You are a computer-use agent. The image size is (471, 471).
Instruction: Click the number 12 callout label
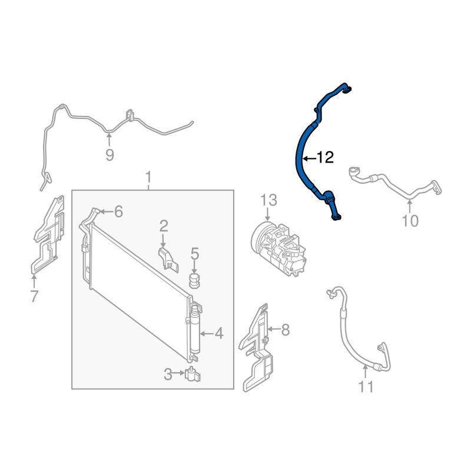tap(326, 157)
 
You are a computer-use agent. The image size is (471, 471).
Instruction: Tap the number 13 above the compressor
tap(268, 200)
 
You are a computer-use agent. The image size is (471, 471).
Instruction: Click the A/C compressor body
tap(278, 248)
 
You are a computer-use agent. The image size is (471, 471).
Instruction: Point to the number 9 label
tap(110, 155)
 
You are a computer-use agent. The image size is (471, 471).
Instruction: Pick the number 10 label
tap(410, 221)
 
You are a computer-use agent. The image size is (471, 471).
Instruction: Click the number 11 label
tap(366, 387)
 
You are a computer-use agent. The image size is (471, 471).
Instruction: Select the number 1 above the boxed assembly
tap(148, 178)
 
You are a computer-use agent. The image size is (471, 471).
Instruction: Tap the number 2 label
tap(164, 226)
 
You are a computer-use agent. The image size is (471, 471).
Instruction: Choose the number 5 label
tap(195, 254)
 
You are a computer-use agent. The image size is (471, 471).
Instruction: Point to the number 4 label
tap(218, 333)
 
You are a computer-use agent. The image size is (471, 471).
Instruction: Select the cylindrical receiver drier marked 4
tap(195, 330)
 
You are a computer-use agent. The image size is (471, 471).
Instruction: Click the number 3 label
tap(168, 374)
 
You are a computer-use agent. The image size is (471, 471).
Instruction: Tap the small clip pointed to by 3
tap(193, 374)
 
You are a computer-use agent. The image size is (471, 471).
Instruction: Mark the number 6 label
tap(118, 212)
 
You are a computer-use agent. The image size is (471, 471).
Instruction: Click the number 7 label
tap(34, 296)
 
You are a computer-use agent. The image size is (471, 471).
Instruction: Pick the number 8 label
tap(285, 330)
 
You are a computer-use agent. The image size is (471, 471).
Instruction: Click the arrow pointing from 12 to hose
tap(309, 158)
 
